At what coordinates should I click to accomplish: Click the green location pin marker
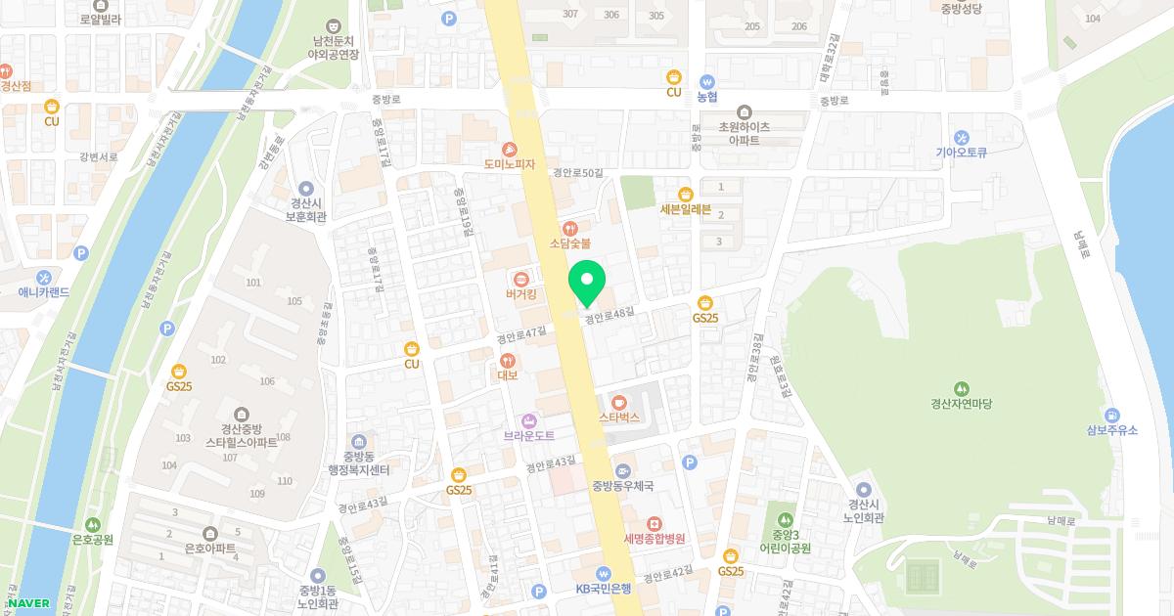587,282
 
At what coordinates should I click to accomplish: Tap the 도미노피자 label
510,164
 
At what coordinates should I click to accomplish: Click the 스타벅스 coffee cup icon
618,402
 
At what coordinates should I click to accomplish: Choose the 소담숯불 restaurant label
570,243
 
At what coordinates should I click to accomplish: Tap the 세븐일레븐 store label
685,208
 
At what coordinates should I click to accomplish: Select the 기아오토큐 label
963,153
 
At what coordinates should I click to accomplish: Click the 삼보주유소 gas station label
1111,430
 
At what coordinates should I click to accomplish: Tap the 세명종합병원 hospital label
654,539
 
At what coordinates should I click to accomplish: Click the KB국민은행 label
604,589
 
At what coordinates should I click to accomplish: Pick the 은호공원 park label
93,540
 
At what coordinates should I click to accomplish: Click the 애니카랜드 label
44,292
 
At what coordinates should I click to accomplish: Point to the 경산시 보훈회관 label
306,210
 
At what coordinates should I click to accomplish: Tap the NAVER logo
29,603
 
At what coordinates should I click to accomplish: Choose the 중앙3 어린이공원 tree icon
785,517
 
